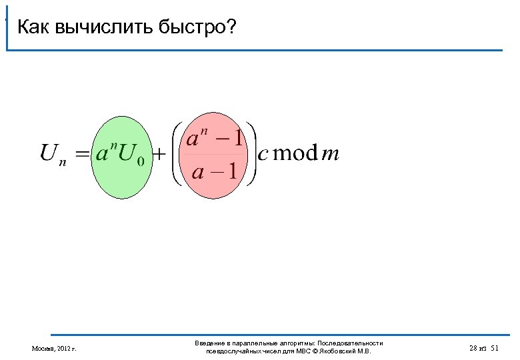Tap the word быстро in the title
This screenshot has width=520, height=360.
click(192, 28)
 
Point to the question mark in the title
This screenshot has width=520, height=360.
click(232, 28)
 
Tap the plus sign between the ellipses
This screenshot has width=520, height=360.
click(160, 155)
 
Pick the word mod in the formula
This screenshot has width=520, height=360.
click(295, 154)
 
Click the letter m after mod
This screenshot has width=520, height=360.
click(330, 155)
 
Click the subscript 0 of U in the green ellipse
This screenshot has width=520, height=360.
click(140, 161)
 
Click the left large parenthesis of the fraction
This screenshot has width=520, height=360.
click(177, 155)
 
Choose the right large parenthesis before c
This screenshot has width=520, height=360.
click(251, 155)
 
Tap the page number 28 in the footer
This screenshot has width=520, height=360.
click(473, 348)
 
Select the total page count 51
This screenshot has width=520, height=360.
click(494, 348)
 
